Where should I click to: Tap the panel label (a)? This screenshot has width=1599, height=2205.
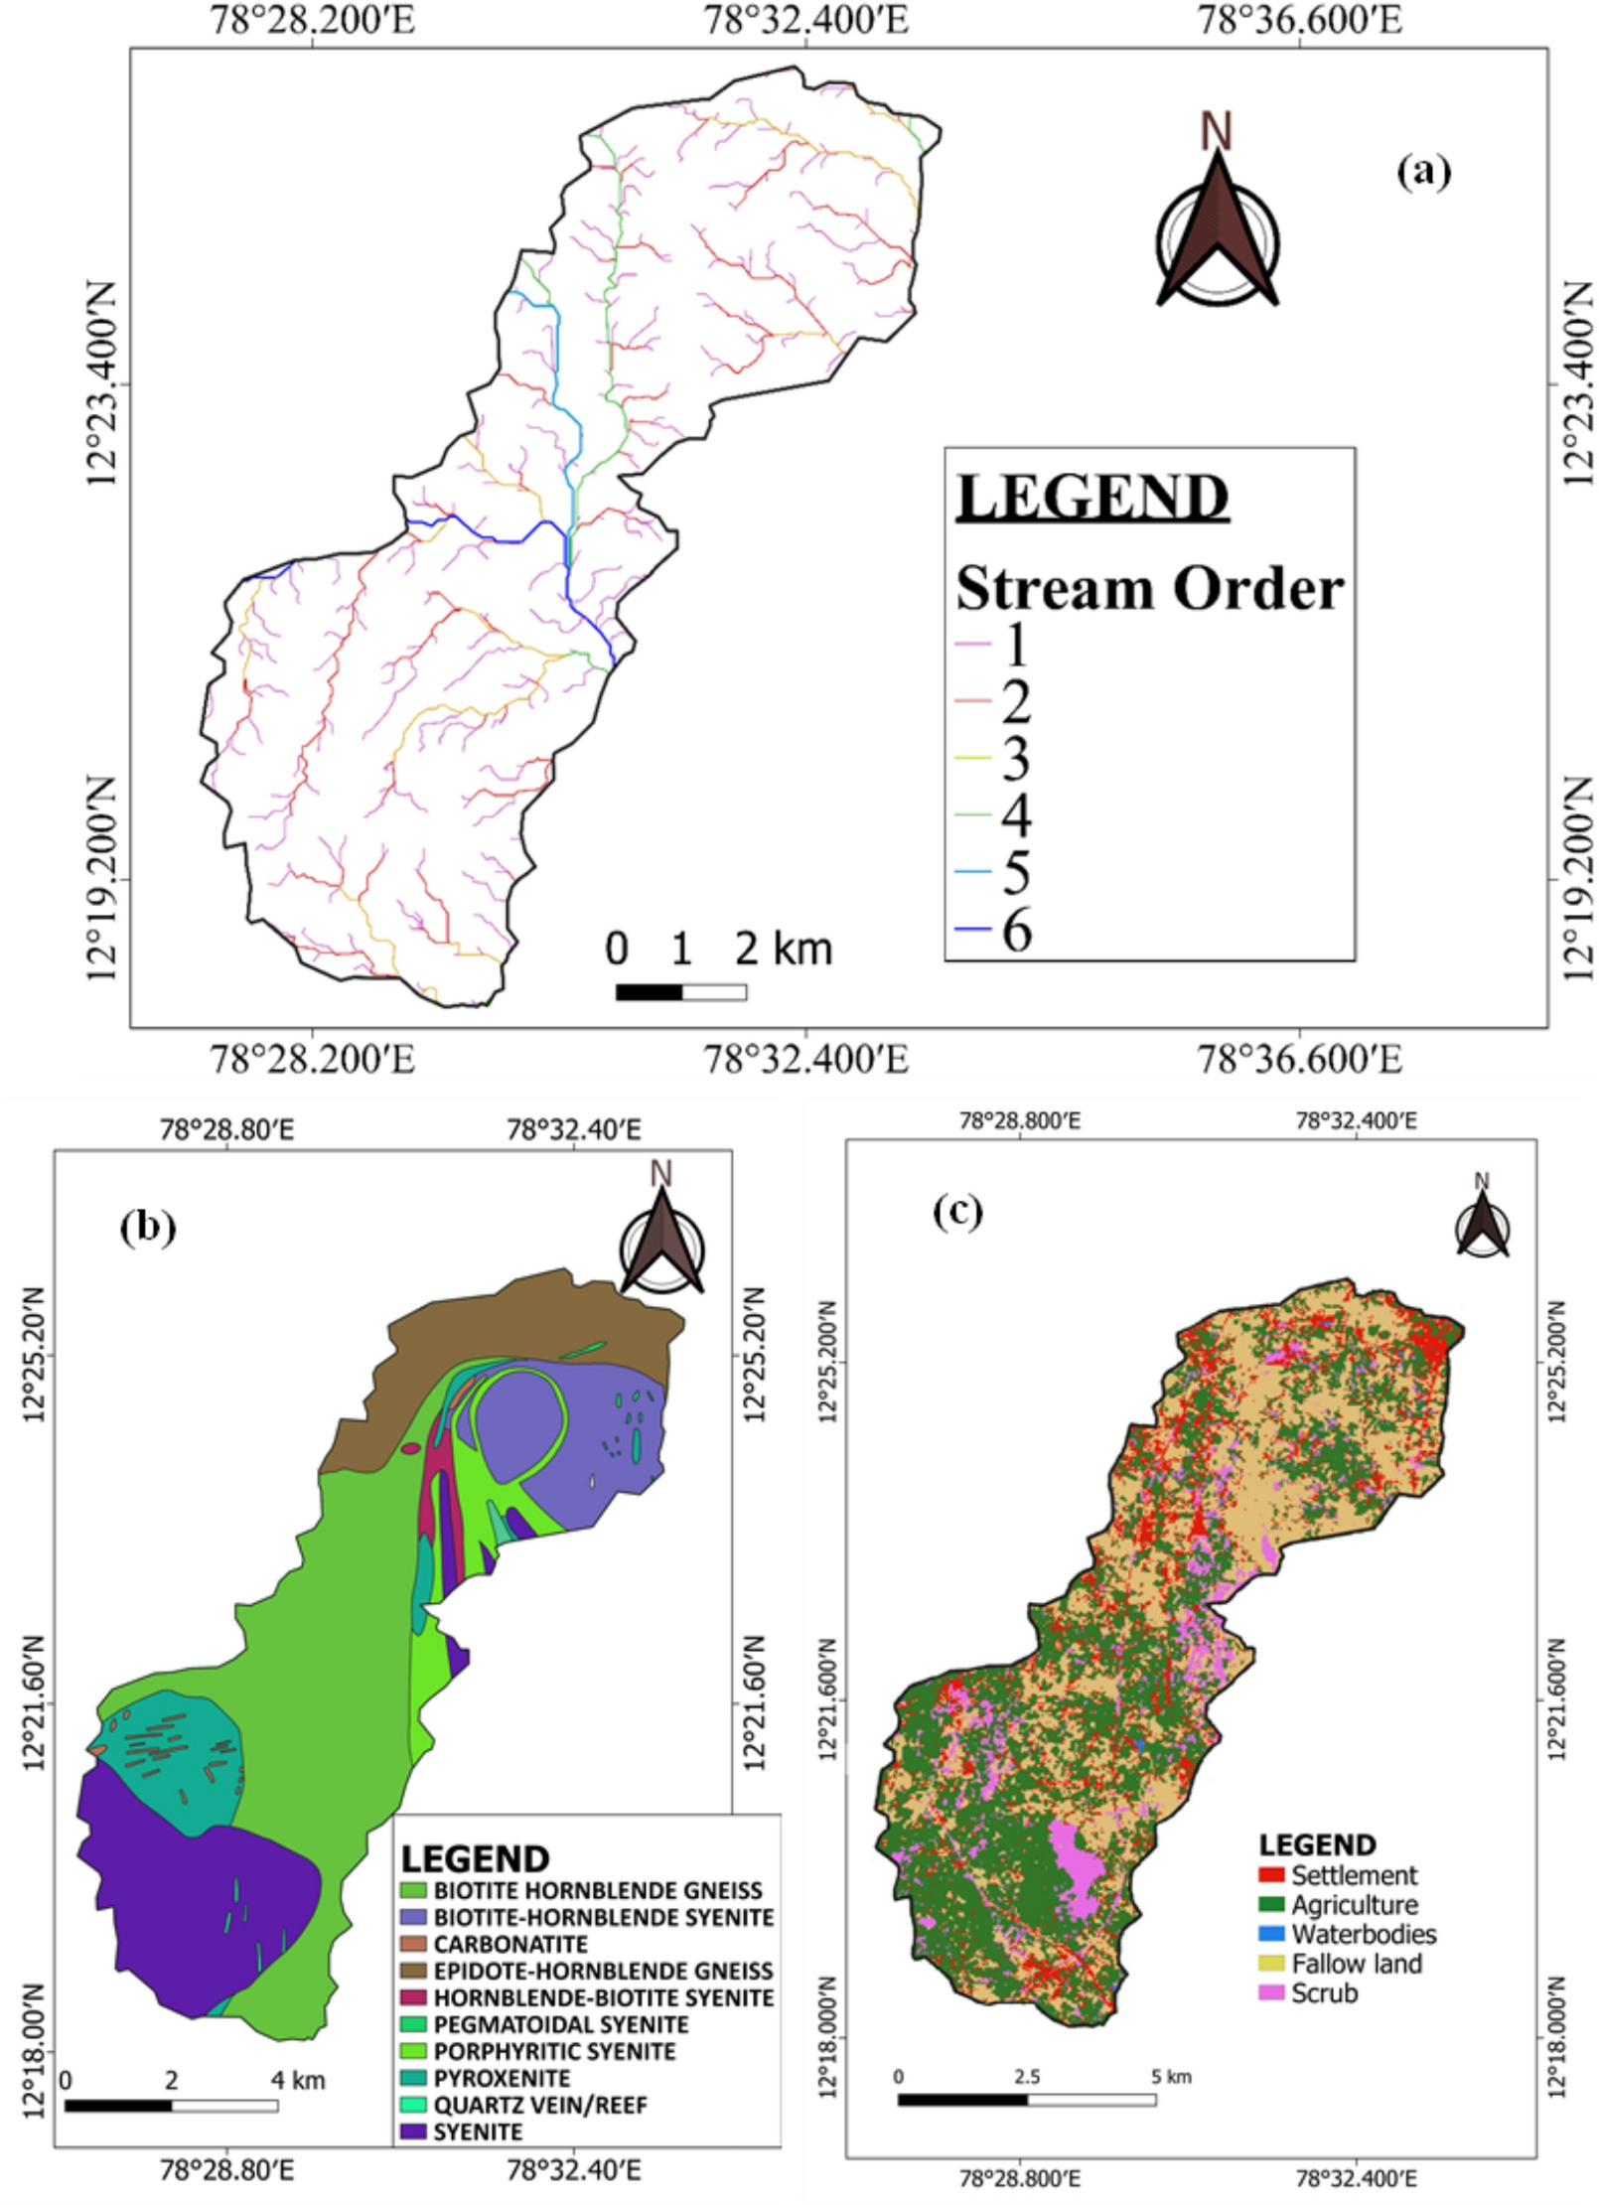(1422, 172)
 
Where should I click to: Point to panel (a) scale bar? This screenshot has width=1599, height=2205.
(680, 990)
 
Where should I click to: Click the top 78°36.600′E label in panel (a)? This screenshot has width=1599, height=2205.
(1300, 19)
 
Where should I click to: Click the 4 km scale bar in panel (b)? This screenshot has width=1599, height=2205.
(171, 2105)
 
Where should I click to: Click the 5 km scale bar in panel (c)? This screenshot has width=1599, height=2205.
(1026, 2099)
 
